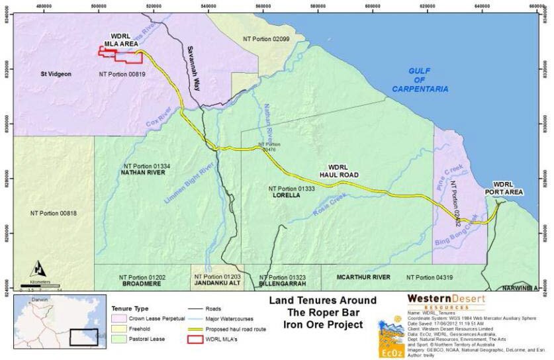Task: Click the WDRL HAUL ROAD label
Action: coord(344,171)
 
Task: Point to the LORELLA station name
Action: coord(286,196)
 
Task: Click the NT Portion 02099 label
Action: coord(266,40)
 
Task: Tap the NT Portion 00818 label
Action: coord(54,213)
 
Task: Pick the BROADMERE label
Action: coord(142,283)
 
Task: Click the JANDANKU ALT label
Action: coord(216,283)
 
